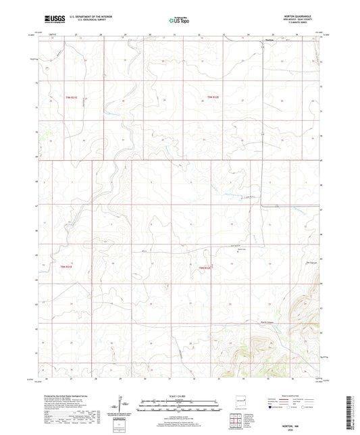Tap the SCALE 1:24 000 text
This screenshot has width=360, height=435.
[180, 396]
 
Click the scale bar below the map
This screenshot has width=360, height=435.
[180, 406]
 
